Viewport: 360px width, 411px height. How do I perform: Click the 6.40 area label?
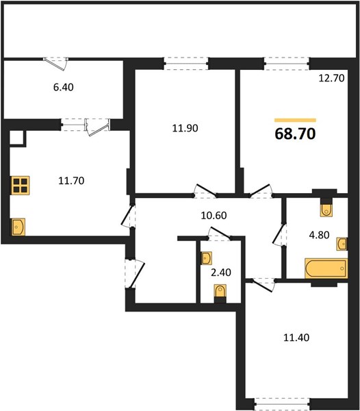[64, 87]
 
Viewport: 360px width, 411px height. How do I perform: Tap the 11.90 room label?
[185, 128]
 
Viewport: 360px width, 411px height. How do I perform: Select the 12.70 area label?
[331, 78]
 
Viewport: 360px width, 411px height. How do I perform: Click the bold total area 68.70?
[295, 134]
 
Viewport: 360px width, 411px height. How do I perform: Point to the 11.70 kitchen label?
[71, 181]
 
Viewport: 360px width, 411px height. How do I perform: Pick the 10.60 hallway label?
[214, 216]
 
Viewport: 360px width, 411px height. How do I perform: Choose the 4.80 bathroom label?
[319, 235]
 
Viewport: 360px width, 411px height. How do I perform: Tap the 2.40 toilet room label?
[221, 273]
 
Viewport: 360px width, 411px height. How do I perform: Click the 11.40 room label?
[296, 338]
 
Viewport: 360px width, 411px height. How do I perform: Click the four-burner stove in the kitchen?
[20, 186]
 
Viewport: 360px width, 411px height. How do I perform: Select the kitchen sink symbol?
[18, 227]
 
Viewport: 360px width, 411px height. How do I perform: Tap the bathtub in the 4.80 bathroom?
[326, 268]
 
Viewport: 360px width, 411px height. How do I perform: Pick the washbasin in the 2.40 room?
[206, 258]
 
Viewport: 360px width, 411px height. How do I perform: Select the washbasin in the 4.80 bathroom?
[342, 244]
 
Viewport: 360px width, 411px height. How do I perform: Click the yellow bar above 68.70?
[295, 121]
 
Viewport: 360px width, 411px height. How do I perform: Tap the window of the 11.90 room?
[186, 64]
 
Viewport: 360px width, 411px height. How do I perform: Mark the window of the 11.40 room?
[282, 405]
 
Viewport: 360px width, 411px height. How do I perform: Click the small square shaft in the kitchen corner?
[17, 138]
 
